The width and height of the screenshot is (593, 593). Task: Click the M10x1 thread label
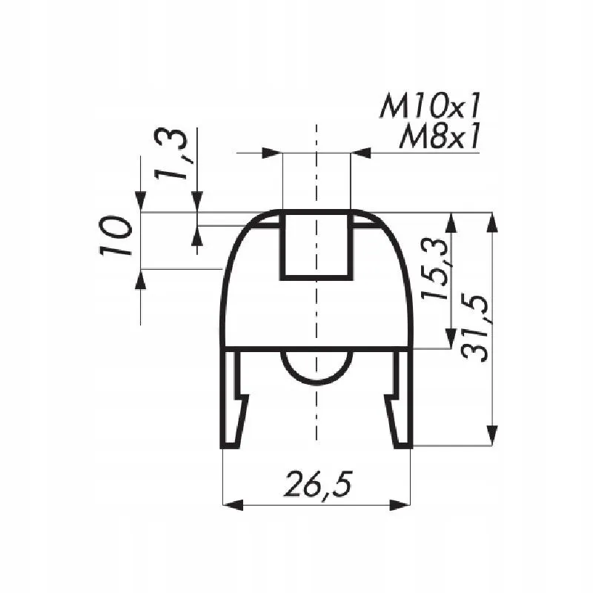point(430,106)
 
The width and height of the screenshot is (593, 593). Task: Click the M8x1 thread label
point(440,136)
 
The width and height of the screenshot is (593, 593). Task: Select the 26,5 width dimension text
point(318,485)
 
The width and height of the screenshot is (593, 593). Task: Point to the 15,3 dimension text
point(435,268)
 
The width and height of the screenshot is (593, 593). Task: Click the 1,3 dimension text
point(170,154)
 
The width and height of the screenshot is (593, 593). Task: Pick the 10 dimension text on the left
point(116,236)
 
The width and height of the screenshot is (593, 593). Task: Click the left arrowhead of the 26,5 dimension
point(233,505)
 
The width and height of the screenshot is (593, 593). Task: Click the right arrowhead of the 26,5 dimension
point(400,505)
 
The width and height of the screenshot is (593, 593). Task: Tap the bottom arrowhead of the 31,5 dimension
point(491,435)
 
